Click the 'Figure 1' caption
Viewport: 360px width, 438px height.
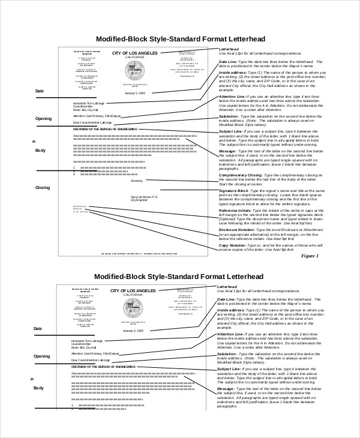pyautogui.click(x=310, y=256)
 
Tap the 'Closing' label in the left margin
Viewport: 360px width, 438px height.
pyautogui.click(x=42, y=188)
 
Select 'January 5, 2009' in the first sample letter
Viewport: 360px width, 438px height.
pyautogui.click(x=134, y=94)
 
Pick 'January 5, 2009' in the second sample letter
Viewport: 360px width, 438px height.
pyautogui.click(x=134, y=331)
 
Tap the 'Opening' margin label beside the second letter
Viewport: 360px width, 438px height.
pyautogui.click(x=42, y=356)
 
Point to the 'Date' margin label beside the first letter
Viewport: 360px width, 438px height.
pyautogui.click(x=39, y=91)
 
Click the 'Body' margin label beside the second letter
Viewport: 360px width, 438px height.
pyautogui.click(x=40, y=388)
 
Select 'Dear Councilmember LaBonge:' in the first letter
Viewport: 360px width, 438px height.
pyautogui.click(x=92, y=122)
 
